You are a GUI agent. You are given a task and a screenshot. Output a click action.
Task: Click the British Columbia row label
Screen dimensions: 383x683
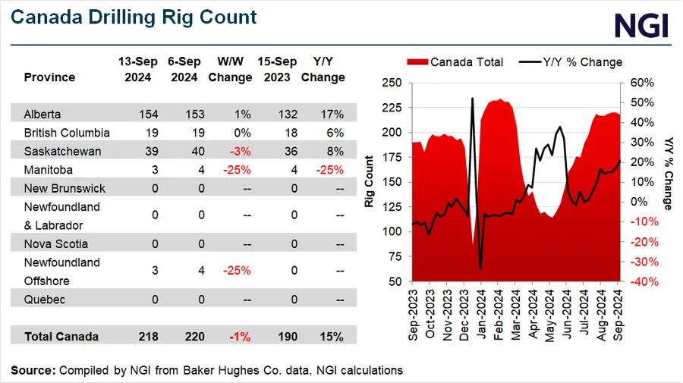pyautogui.click(x=67, y=133)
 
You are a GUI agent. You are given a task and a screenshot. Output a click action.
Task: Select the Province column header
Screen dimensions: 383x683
pyautogui.click(x=49, y=77)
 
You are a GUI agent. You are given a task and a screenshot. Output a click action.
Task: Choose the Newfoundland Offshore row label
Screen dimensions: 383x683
pyautogui.click(x=61, y=271)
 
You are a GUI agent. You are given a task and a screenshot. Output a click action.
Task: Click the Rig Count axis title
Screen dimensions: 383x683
pyautogui.click(x=370, y=181)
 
